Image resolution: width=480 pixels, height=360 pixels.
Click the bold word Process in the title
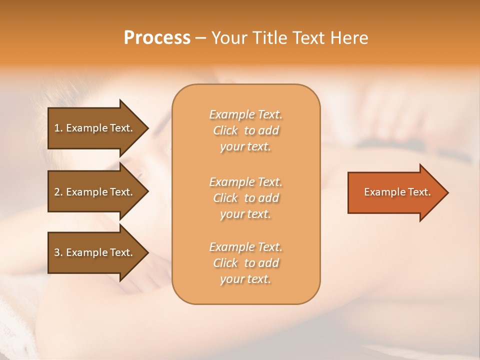click(x=157, y=38)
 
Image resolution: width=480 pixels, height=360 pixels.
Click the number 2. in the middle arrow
click(x=58, y=192)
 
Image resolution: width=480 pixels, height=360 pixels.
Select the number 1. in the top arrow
click(x=58, y=128)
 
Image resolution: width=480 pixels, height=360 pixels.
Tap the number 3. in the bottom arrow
click(x=58, y=252)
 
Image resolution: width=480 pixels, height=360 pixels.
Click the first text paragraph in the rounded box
click(x=245, y=130)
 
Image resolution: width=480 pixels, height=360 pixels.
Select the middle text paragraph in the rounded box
click(x=245, y=198)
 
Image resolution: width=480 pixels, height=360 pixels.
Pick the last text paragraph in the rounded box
click(x=245, y=263)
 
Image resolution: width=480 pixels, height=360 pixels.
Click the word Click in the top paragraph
click(x=225, y=130)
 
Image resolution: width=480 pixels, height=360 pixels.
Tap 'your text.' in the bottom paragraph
click(x=245, y=279)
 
